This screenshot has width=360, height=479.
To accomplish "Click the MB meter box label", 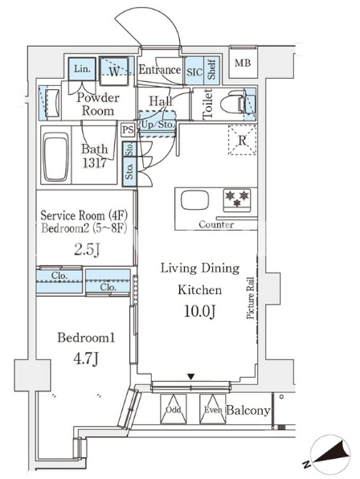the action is [243, 63].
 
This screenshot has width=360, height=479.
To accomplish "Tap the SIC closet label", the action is [194, 72].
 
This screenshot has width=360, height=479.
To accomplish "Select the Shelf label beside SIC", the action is [211, 70].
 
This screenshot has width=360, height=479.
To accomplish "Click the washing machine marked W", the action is [114, 72].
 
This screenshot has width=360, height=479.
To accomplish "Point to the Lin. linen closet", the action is [81, 69].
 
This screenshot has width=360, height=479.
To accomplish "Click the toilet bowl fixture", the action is [233, 103].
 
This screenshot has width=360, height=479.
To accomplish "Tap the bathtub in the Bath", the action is [56, 157].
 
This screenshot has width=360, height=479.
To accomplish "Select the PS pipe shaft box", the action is [128, 130].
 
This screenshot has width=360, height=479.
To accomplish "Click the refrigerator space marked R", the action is [242, 140].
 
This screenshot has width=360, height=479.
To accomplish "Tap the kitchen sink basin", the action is [194, 200].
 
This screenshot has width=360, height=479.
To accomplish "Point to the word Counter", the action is [216, 224].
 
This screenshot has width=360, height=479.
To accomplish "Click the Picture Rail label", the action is [251, 298].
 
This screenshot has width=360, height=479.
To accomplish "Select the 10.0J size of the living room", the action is [200, 311].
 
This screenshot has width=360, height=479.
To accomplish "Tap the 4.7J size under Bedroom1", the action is [86, 358].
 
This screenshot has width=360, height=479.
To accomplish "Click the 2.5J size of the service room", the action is [87, 250].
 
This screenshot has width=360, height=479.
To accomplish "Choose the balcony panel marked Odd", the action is [173, 409].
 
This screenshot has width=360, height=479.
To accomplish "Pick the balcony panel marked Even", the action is [213, 409].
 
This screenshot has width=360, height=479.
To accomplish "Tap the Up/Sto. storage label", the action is [157, 125].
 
